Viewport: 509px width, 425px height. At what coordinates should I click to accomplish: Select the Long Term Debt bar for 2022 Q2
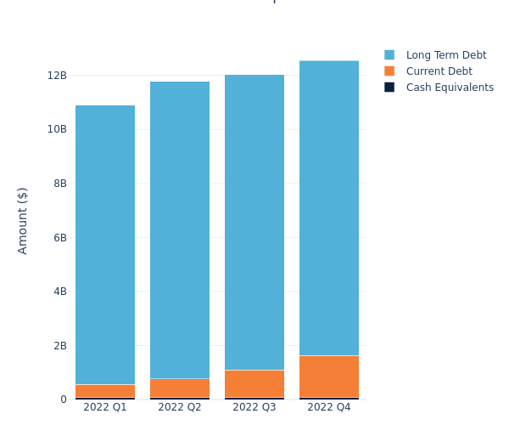[x=180, y=229]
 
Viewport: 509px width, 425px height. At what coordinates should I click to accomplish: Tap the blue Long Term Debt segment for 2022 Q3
[x=255, y=222]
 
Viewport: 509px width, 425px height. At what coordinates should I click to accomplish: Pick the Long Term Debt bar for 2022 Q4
[x=329, y=207]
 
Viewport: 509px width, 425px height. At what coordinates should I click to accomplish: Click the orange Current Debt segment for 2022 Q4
[x=329, y=376]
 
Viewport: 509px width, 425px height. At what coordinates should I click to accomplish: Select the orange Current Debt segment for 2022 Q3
[x=255, y=383]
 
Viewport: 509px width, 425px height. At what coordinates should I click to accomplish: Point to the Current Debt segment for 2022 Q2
[x=180, y=388]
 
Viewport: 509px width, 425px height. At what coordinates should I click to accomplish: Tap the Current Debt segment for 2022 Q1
[x=105, y=391]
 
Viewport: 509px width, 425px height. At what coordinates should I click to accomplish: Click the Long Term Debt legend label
[x=446, y=55]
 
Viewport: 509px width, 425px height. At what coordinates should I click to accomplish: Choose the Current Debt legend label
[x=439, y=71]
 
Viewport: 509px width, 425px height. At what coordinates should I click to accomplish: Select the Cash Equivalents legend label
[x=450, y=88]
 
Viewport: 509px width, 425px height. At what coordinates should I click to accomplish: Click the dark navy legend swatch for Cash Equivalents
[x=389, y=88]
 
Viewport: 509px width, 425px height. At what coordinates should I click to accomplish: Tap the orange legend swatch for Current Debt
[x=389, y=71]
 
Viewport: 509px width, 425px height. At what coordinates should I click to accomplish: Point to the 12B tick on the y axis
[x=57, y=76]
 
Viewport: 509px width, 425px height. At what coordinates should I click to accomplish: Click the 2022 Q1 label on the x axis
[x=105, y=408]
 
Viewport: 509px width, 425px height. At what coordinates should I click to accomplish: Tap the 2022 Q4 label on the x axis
[x=329, y=408]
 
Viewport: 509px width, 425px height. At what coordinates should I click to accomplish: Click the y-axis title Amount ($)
[x=23, y=220]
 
